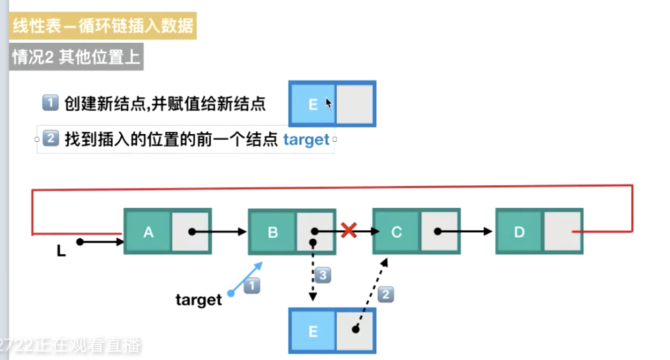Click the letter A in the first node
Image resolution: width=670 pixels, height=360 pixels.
148,232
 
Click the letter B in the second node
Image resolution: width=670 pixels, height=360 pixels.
272,232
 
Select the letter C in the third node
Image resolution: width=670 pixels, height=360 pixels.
396,232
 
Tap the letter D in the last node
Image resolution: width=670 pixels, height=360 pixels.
519,232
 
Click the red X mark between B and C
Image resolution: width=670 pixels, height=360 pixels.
349,230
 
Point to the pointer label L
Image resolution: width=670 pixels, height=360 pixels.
61,251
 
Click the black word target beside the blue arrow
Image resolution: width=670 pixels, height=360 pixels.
198,300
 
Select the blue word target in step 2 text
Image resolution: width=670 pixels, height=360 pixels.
306,140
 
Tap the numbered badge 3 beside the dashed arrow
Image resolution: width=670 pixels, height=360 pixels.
323,276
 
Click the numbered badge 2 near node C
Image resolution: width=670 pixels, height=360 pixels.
386,295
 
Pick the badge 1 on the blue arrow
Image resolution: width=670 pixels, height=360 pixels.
252,286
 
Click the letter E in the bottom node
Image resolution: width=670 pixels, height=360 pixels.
313,332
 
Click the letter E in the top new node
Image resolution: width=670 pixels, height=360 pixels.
313,104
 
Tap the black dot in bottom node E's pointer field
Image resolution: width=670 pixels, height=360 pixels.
355,329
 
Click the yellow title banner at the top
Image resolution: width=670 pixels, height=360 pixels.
102,26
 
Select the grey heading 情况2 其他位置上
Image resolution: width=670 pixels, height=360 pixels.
76,58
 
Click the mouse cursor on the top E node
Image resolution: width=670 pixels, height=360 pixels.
329,102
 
